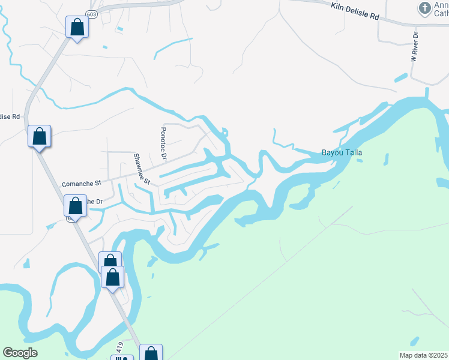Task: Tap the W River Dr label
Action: pyautogui.click(x=414, y=47)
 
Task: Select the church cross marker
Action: pyautogui.click(x=425, y=8)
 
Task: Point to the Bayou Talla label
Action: pyautogui.click(x=342, y=153)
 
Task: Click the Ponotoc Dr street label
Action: pyautogui.click(x=163, y=143)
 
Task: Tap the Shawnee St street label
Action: pyautogui.click(x=141, y=168)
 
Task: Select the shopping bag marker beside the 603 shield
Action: pyautogui.click(x=77, y=27)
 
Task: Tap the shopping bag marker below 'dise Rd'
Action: pyautogui.click(x=39, y=136)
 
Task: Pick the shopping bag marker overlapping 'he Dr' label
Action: pyautogui.click(x=76, y=205)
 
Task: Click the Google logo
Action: pyautogui.click(x=20, y=353)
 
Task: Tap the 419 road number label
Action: pyautogui.click(x=120, y=347)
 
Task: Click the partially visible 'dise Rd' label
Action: pyautogui.click(x=10, y=116)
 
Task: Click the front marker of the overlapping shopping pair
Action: pyautogui.click(x=113, y=277)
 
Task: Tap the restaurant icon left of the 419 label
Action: pyautogui.click(x=123, y=358)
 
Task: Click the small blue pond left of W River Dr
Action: pyautogui.click(x=400, y=78)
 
